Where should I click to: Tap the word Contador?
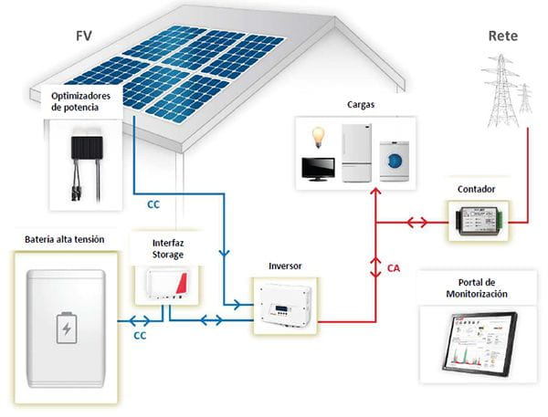click(477, 189)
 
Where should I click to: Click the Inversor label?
click(284, 266)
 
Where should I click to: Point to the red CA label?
click(393, 269)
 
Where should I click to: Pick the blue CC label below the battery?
click(141, 336)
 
